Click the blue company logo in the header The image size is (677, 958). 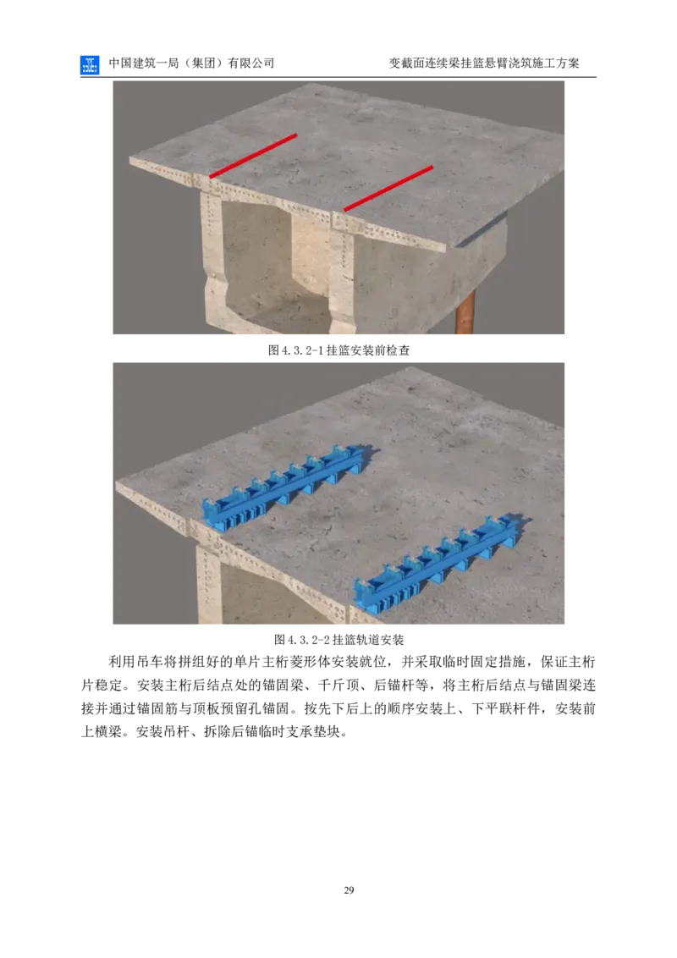pos(89,65)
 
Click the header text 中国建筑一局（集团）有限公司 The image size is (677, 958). pos(191,63)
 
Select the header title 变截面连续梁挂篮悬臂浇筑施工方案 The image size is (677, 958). pos(484,63)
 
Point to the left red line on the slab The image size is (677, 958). pos(254,156)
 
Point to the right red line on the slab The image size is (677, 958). pos(388,188)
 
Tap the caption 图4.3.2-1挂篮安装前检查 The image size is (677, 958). pos(338,350)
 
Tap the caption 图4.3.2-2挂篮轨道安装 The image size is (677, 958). pos(338,640)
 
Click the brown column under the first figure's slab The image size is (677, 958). pos(465,312)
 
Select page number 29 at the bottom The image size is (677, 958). pos(349,890)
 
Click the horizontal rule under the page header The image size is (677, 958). pos(338,77)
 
